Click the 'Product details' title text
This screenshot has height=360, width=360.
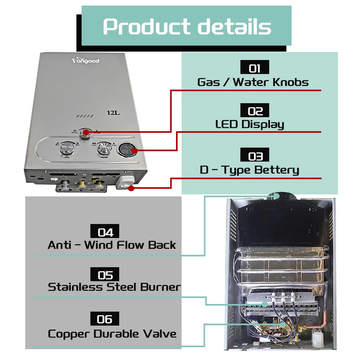(187, 26)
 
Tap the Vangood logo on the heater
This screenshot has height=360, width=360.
(85, 61)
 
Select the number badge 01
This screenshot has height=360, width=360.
(254, 68)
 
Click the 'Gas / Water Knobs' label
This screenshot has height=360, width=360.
(253, 82)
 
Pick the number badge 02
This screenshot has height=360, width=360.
(254, 110)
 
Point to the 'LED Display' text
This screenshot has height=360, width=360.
(250, 124)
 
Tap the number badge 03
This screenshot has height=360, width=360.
(254, 155)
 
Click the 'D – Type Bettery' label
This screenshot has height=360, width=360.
(249, 170)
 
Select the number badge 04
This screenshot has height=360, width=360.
(105, 232)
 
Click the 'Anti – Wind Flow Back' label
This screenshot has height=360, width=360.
(112, 245)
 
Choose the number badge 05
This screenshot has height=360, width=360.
(105, 275)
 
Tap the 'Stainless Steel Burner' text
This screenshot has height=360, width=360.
(114, 287)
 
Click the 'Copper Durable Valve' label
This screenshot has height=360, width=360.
(112, 334)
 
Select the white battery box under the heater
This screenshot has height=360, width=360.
(125, 183)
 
